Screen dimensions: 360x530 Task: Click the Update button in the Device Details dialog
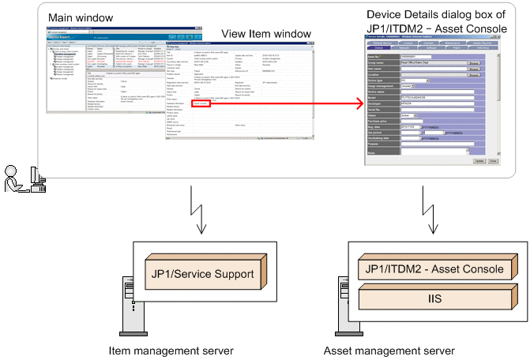479,160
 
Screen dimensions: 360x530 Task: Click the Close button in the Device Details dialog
493,160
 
